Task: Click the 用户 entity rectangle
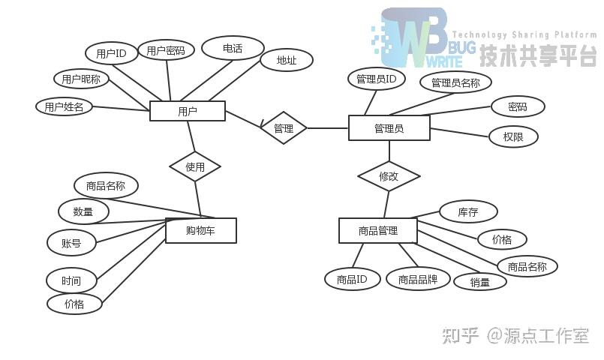pyautogui.click(x=188, y=111)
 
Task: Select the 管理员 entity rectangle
pyautogui.click(x=389, y=128)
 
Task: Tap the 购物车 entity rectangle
pyautogui.click(x=200, y=230)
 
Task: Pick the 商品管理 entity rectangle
pyautogui.click(x=377, y=230)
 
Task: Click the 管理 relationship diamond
pyautogui.click(x=284, y=128)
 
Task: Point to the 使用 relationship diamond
pyautogui.click(x=195, y=166)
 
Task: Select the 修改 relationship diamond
pyautogui.click(x=389, y=176)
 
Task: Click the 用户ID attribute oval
pyautogui.click(x=111, y=53)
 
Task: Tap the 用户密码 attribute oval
pyautogui.click(x=166, y=50)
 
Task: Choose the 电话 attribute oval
pyautogui.click(x=233, y=48)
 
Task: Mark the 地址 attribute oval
pyautogui.click(x=286, y=61)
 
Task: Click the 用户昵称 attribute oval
pyautogui.click(x=82, y=78)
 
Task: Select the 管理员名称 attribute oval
pyautogui.click(x=455, y=82)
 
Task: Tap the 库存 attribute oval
pyautogui.click(x=468, y=212)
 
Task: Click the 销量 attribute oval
pyautogui.click(x=480, y=282)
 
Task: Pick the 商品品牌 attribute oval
pyautogui.click(x=418, y=279)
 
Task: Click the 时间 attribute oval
pyautogui.click(x=71, y=280)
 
